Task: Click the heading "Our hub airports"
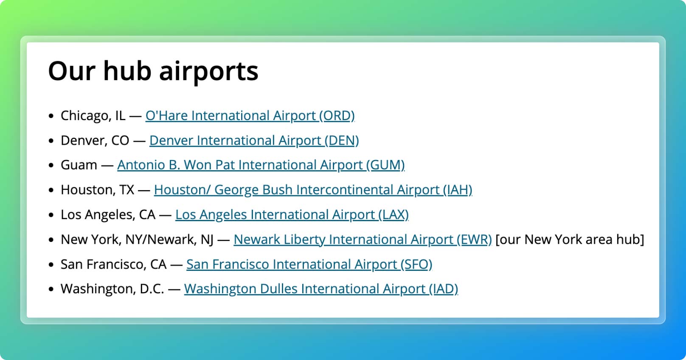[153, 71]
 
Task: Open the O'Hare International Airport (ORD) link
[250, 116]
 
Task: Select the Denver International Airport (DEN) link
[254, 141]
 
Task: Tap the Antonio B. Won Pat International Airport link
[261, 165]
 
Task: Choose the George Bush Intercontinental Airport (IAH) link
[313, 190]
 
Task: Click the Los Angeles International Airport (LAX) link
[292, 215]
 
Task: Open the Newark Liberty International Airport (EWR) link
[363, 239]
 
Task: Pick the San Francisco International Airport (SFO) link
[309, 264]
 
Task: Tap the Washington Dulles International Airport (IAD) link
[321, 289]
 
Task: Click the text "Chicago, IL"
[93, 116]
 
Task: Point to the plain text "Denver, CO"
[95, 141]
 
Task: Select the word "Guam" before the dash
[79, 165]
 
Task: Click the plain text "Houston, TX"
[97, 190]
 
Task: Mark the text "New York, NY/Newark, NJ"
[137, 240]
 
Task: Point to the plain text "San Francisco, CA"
[113, 264]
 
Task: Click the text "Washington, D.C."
[112, 289]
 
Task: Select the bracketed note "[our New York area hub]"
[570, 239]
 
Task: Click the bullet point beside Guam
[51, 166]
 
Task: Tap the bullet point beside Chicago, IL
[51, 116]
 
